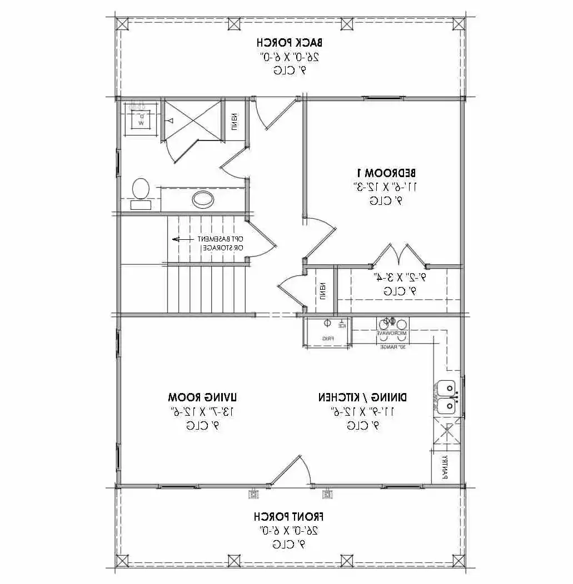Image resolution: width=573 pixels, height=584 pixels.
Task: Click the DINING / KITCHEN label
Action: pyautogui.click(x=362, y=397)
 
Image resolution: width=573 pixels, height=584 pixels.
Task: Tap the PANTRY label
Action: pyautogui.click(x=445, y=467)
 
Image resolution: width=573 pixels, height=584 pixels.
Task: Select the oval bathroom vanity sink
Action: pyautogui.click(x=202, y=198)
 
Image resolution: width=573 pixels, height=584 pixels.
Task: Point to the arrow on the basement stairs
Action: pyautogui.click(x=180, y=239)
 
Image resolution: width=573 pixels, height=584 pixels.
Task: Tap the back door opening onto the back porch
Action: pyautogui.click(x=276, y=114)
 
